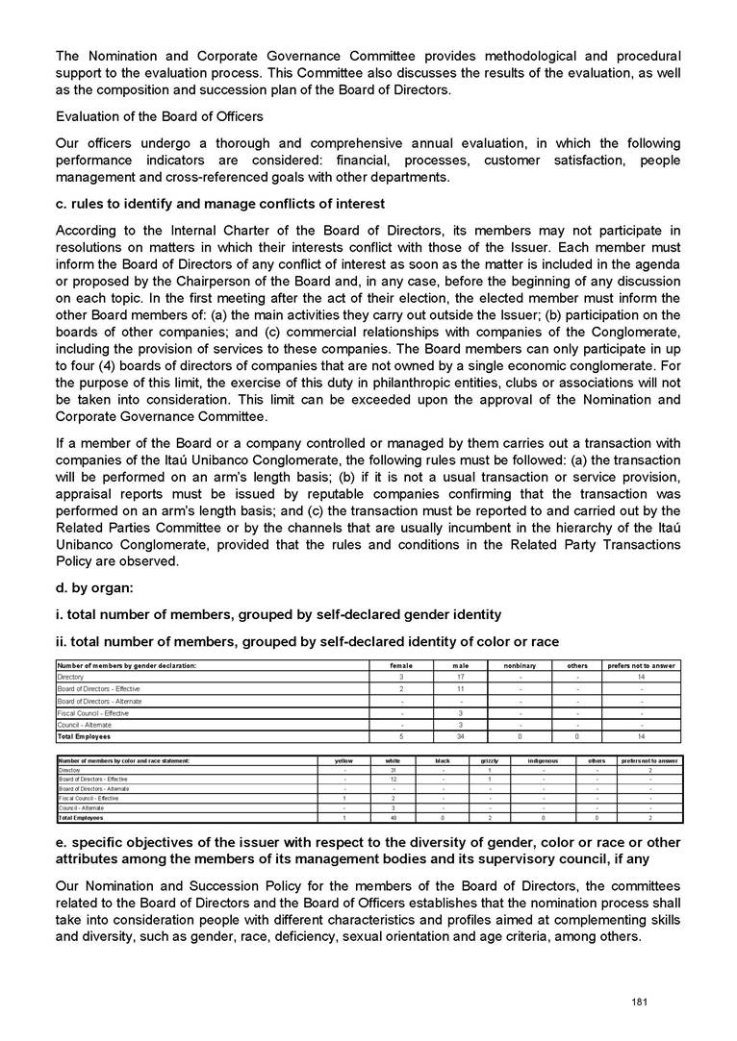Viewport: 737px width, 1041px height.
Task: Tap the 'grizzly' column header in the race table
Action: [490, 760]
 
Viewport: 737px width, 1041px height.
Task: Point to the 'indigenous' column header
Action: [543, 760]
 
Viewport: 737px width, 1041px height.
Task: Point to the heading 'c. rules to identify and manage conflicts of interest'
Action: [220, 204]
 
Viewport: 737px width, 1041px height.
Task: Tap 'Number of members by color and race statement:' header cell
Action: [124, 760]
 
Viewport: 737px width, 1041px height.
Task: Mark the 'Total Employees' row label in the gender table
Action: [84, 736]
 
